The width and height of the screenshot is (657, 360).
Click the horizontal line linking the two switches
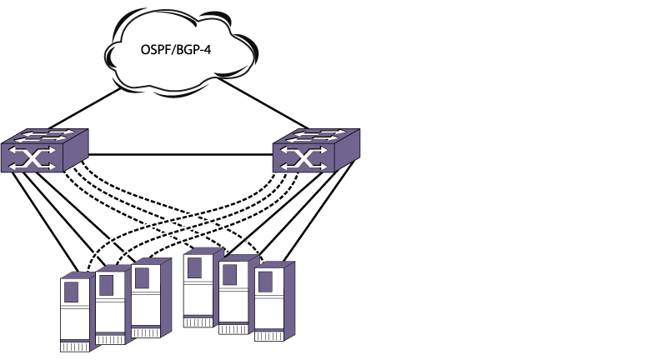[179, 154]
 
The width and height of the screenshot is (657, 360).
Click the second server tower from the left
[111, 304]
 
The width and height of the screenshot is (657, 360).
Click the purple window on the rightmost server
[266, 281]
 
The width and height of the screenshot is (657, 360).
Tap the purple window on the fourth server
[196, 267]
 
